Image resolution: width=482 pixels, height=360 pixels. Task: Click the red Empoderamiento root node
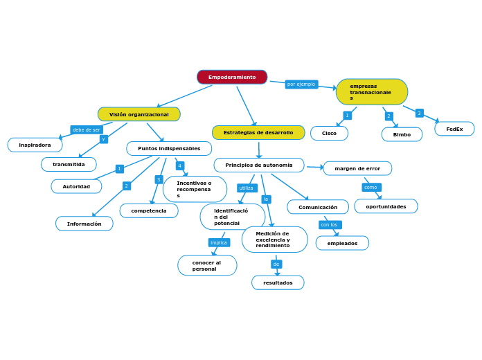(x=232, y=77)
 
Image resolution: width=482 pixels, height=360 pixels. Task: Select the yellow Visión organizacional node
(x=139, y=114)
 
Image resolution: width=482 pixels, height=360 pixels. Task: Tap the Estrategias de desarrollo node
(x=258, y=132)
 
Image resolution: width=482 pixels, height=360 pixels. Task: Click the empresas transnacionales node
(x=371, y=92)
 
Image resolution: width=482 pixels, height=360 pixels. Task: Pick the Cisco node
(x=329, y=133)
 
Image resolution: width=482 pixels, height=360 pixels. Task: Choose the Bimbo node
(x=402, y=134)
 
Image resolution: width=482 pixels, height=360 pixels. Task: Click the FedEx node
(x=454, y=129)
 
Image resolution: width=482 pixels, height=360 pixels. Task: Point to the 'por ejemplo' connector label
(x=301, y=84)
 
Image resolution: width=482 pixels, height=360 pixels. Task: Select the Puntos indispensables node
(x=169, y=148)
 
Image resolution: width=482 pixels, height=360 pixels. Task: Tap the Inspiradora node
(x=35, y=145)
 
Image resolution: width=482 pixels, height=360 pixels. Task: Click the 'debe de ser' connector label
(x=87, y=129)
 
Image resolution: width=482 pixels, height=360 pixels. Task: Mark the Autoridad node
(x=76, y=186)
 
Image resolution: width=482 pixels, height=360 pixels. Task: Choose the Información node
(x=84, y=224)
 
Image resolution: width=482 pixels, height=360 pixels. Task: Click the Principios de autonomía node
(x=258, y=165)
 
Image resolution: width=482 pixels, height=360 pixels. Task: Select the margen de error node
(x=357, y=168)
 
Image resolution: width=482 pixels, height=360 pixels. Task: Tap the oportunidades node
(x=386, y=206)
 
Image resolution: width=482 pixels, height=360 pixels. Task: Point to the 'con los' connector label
(x=330, y=224)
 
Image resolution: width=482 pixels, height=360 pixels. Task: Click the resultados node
(x=278, y=282)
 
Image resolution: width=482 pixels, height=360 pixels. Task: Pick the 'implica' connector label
(x=219, y=242)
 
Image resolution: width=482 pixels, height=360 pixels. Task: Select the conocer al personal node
(x=207, y=265)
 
